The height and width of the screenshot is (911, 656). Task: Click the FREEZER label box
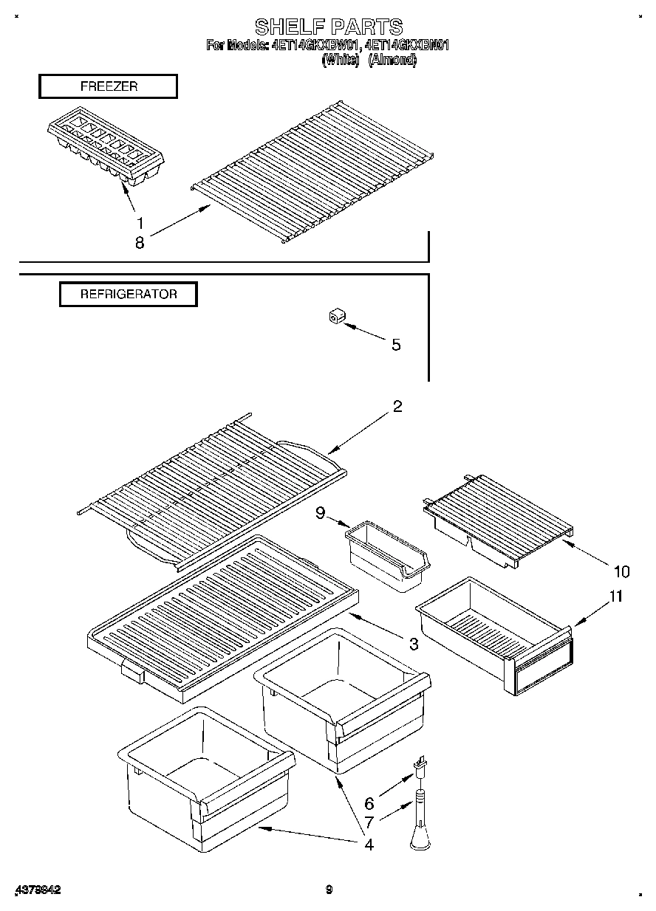pos(108,86)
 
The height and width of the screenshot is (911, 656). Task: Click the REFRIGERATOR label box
pos(129,294)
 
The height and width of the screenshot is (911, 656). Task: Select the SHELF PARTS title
pos(328,27)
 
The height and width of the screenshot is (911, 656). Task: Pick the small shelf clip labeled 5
pos(337,317)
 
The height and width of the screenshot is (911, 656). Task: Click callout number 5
pos(396,345)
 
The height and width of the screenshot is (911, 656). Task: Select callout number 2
pos(397,406)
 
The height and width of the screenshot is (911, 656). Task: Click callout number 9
pos(321,512)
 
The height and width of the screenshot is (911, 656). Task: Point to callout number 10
pos(621,571)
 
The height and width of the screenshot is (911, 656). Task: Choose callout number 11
pos(615,597)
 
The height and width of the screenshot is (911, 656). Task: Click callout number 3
pos(414,644)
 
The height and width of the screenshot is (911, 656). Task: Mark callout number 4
pos(368,845)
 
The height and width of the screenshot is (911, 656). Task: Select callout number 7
pos(369,822)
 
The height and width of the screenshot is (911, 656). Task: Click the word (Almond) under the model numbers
pos(392,61)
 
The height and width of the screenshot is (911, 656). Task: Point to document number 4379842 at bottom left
pos(37,890)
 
